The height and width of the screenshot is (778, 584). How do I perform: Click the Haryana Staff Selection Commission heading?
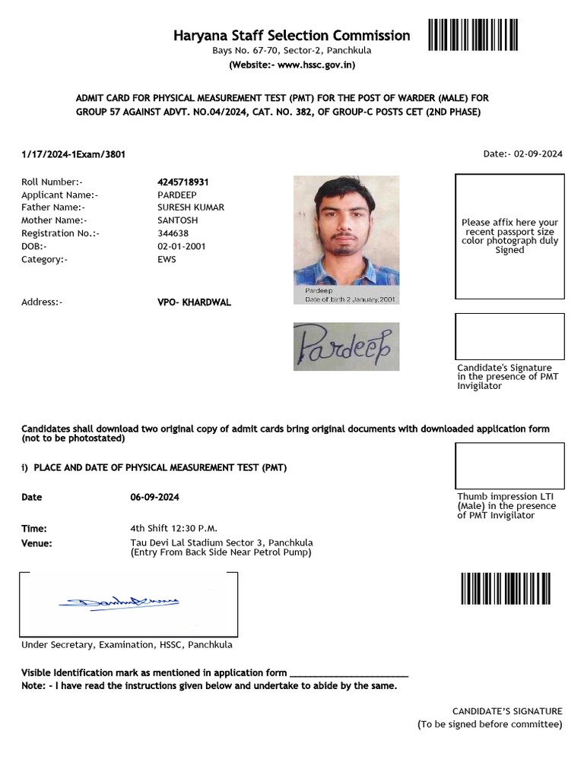[291, 36]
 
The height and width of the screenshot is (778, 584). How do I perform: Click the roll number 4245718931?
[182, 182]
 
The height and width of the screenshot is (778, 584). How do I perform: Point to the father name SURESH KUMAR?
[191, 207]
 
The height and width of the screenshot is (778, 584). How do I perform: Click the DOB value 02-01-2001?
[181, 246]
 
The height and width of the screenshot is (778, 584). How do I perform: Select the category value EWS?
[167, 259]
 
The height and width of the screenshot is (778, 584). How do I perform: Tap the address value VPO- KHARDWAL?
[194, 302]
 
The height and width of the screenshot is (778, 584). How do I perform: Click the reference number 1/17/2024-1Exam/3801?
[74, 154]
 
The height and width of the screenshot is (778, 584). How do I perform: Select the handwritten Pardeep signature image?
[346, 346]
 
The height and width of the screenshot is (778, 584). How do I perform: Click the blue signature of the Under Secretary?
[118, 603]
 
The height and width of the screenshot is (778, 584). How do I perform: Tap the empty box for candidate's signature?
[509, 337]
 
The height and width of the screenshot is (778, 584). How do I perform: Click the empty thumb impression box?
[509, 466]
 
